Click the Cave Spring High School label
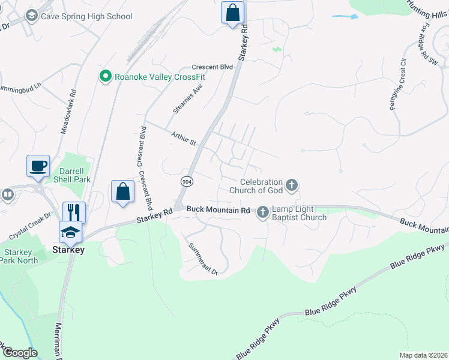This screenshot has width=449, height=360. pyautogui.click(x=86, y=16)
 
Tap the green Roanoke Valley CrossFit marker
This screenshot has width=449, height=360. pyautogui.click(x=106, y=76)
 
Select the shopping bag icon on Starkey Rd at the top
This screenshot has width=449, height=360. pyautogui.click(x=232, y=13)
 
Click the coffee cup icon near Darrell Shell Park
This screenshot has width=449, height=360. pyautogui.click(x=38, y=166)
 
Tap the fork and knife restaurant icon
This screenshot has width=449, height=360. pyautogui.click(x=74, y=212)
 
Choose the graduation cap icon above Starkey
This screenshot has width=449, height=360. pyautogui.click(x=70, y=231)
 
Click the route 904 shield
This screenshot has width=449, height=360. pyautogui.click(x=187, y=181)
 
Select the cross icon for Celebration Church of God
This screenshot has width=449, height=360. pyautogui.click(x=292, y=185)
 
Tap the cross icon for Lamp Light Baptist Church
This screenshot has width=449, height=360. pyautogui.click(x=263, y=212)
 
